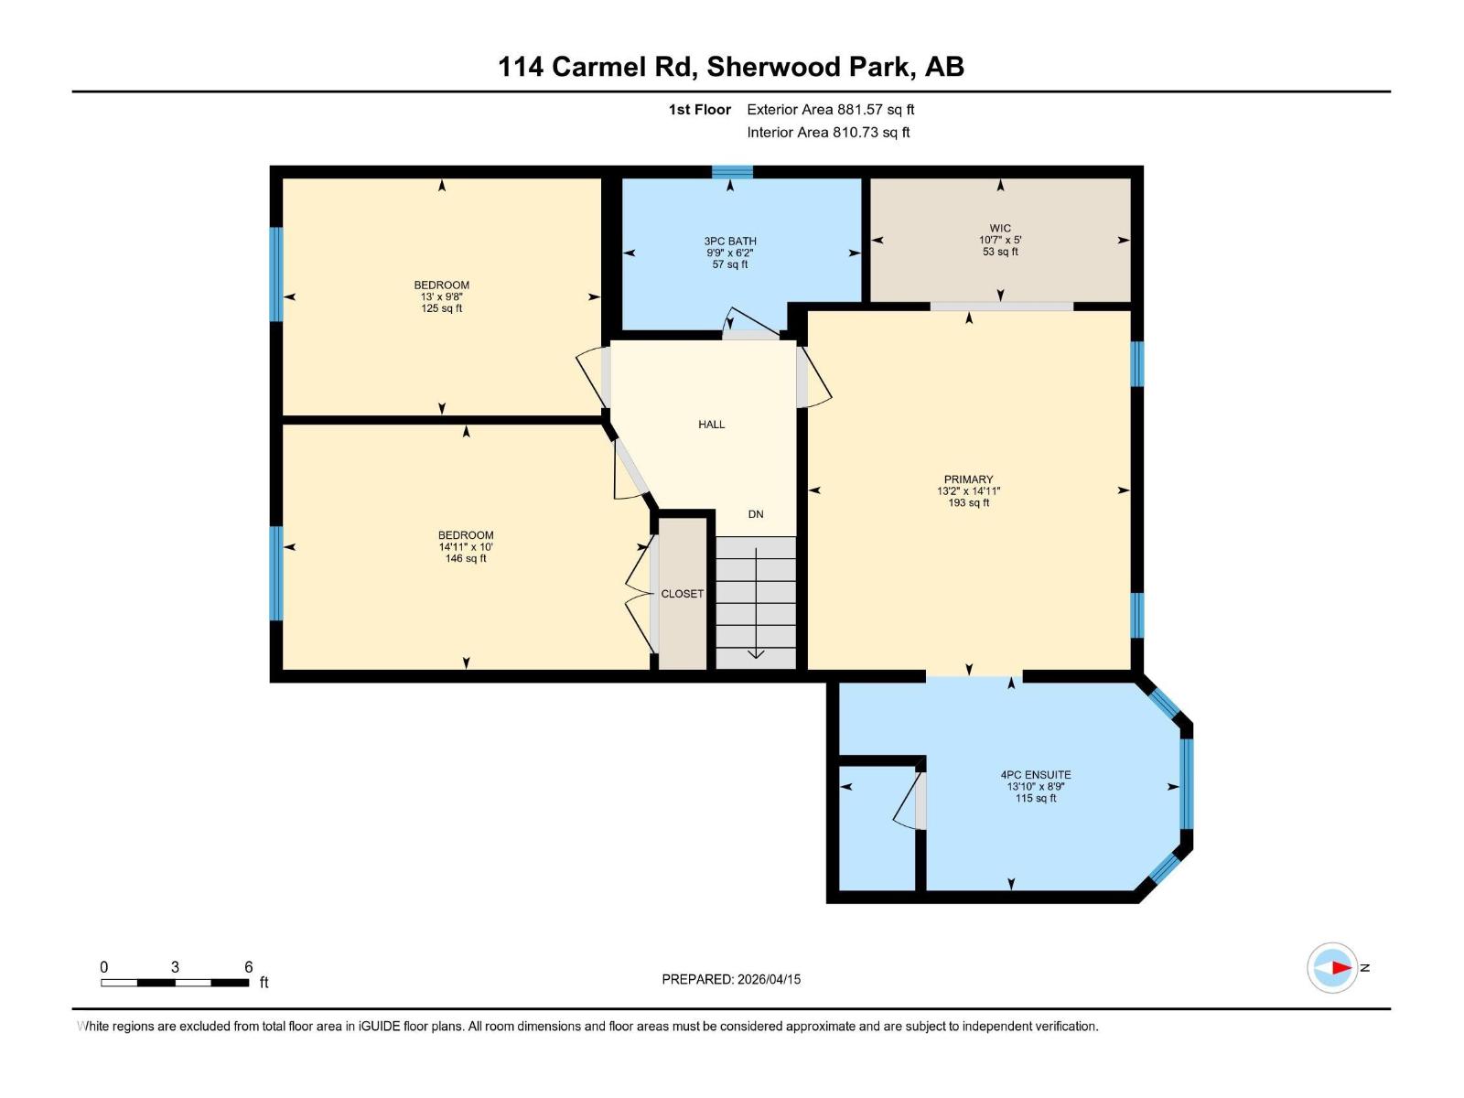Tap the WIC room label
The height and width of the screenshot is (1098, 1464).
[999, 228]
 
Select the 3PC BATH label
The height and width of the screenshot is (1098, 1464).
[730, 242]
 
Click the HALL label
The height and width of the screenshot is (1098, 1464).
[711, 425]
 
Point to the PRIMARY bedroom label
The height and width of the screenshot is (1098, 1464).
[968, 479]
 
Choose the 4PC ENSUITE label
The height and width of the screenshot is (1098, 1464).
[1035, 775]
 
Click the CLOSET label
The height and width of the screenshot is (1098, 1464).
[683, 594]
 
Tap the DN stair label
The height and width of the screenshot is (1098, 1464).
[756, 514]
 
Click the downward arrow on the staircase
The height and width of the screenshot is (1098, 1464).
[756, 651]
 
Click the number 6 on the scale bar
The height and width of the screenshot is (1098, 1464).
[248, 967]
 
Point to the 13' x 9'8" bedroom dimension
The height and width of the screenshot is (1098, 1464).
[441, 297]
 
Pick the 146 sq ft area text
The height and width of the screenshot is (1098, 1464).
[465, 559]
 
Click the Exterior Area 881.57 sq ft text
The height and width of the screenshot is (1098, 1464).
[830, 110]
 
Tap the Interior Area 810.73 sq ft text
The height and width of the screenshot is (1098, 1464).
[828, 133]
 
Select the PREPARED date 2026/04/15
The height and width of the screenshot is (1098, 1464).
[731, 979]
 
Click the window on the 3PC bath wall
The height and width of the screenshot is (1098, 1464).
[732, 171]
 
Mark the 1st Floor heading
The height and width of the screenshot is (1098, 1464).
[699, 110]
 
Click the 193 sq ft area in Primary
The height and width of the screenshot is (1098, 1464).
[968, 503]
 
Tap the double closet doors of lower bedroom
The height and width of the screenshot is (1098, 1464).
[640, 595]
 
